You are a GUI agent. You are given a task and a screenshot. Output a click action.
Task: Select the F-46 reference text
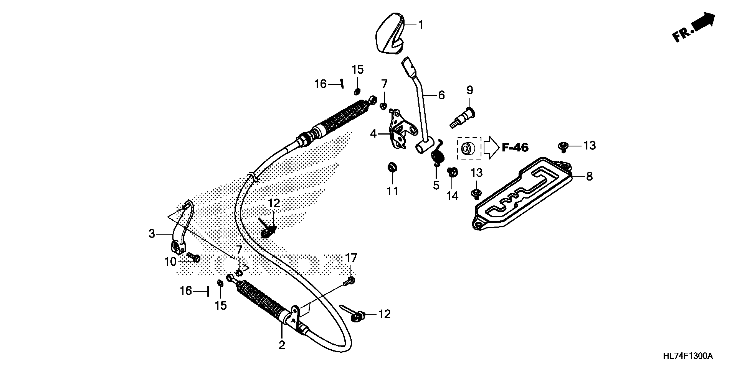tap(515, 147)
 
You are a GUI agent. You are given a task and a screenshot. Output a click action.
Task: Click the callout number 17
tap(351, 258)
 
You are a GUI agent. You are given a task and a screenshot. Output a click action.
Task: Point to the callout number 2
tap(282, 345)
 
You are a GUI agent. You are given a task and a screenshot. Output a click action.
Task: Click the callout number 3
tap(152, 234)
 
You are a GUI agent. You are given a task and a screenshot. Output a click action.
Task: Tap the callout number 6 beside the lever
tap(442, 95)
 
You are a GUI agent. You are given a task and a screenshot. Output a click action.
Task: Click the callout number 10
tap(171, 261)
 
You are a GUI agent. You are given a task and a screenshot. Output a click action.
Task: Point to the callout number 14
tap(452, 196)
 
